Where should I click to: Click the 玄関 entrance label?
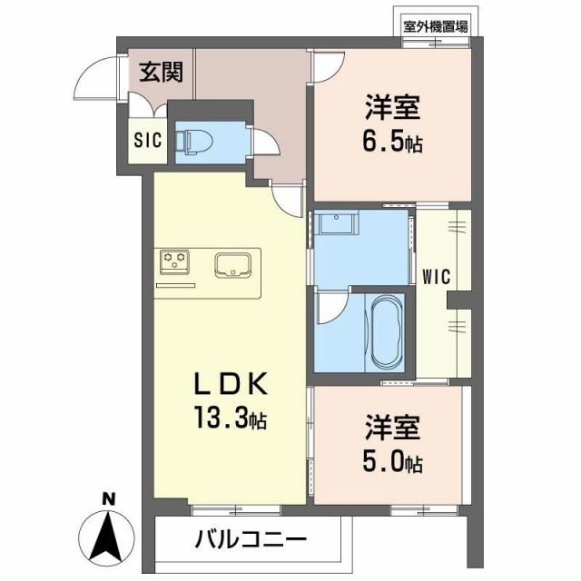(x=162, y=72)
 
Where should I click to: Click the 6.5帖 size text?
(x=393, y=143)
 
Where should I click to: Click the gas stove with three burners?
(x=175, y=262)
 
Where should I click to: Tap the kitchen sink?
(x=231, y=265)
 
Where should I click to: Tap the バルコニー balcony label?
(x=251, y=539)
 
